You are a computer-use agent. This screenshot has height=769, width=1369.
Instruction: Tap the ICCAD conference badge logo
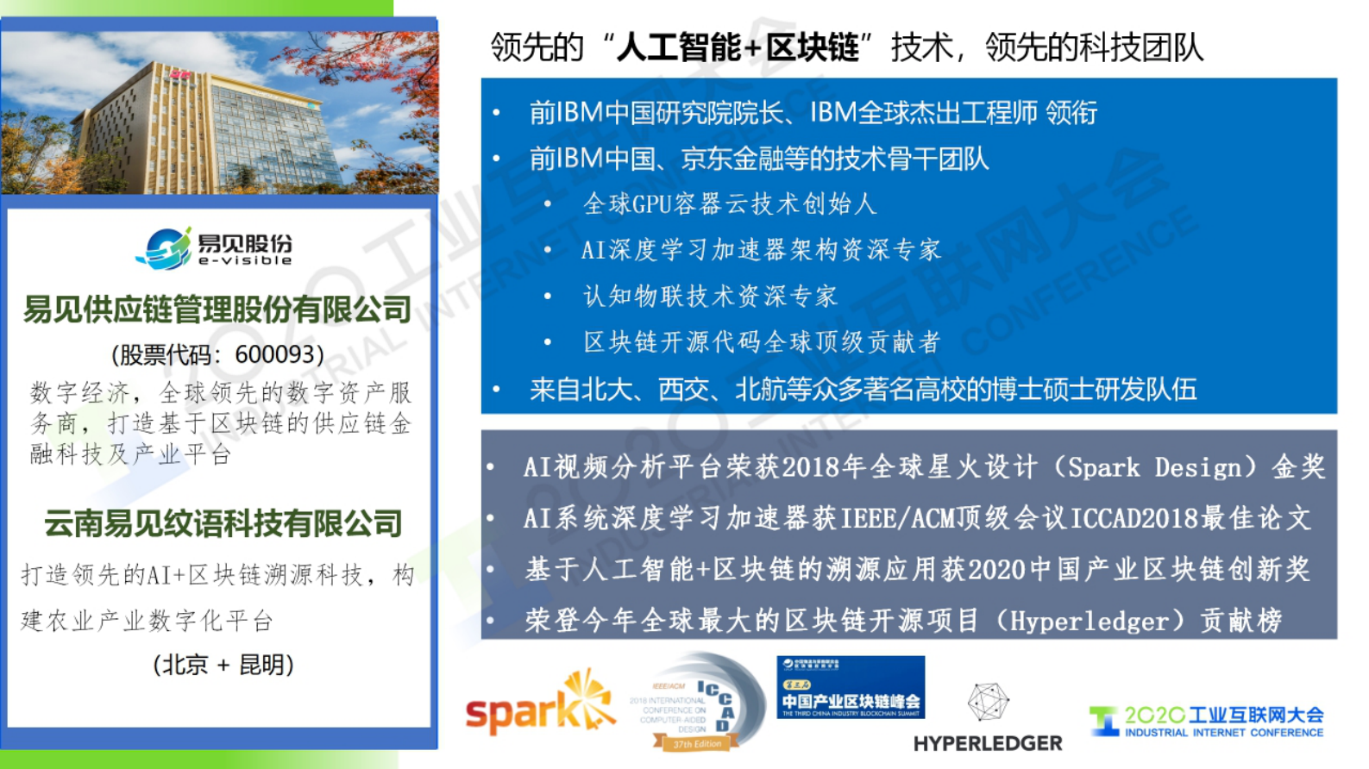coord(699,703)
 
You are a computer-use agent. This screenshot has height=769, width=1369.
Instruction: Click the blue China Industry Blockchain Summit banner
coord(851,687)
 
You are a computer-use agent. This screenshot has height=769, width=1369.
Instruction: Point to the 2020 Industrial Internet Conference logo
coord(1208,721)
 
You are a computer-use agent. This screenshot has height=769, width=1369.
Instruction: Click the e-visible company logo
coord(216,248)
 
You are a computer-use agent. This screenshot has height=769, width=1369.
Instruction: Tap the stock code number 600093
coord(274,354)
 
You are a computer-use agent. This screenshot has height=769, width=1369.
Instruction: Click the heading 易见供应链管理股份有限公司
coord(217,309)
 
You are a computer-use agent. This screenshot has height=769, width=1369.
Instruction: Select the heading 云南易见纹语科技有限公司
coord(223,522)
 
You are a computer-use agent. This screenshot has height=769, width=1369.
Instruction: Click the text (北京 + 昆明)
coord(223,665)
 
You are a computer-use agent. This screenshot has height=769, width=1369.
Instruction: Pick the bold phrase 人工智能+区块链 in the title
coord(738,47)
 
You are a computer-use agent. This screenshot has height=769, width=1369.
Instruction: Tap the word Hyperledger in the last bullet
coord(1089,621)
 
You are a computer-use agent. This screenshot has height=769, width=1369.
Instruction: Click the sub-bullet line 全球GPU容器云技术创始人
coord(730,204)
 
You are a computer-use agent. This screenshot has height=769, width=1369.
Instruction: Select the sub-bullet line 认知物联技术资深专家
coord(710,297)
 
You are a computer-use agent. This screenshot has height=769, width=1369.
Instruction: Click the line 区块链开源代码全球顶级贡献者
coord(761,342)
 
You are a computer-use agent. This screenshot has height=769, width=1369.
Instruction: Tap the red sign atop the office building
coord(179,75)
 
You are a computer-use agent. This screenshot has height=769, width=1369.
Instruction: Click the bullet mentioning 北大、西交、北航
coord(863,390)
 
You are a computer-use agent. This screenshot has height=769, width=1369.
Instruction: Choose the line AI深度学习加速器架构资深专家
coord(761,250)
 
